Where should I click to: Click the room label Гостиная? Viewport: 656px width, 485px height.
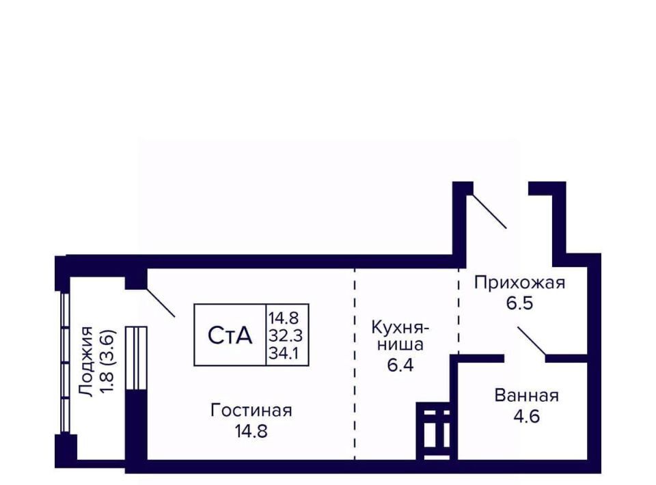tap(251, 410)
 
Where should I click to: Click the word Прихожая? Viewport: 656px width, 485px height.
tap(520, 282)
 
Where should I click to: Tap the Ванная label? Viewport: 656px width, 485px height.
tap(527, 396)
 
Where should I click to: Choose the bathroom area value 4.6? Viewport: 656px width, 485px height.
tap(527, 415)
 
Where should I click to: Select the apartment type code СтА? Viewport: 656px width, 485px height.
tap(230, 335)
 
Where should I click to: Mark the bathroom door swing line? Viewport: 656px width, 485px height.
tap(532, 342)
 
